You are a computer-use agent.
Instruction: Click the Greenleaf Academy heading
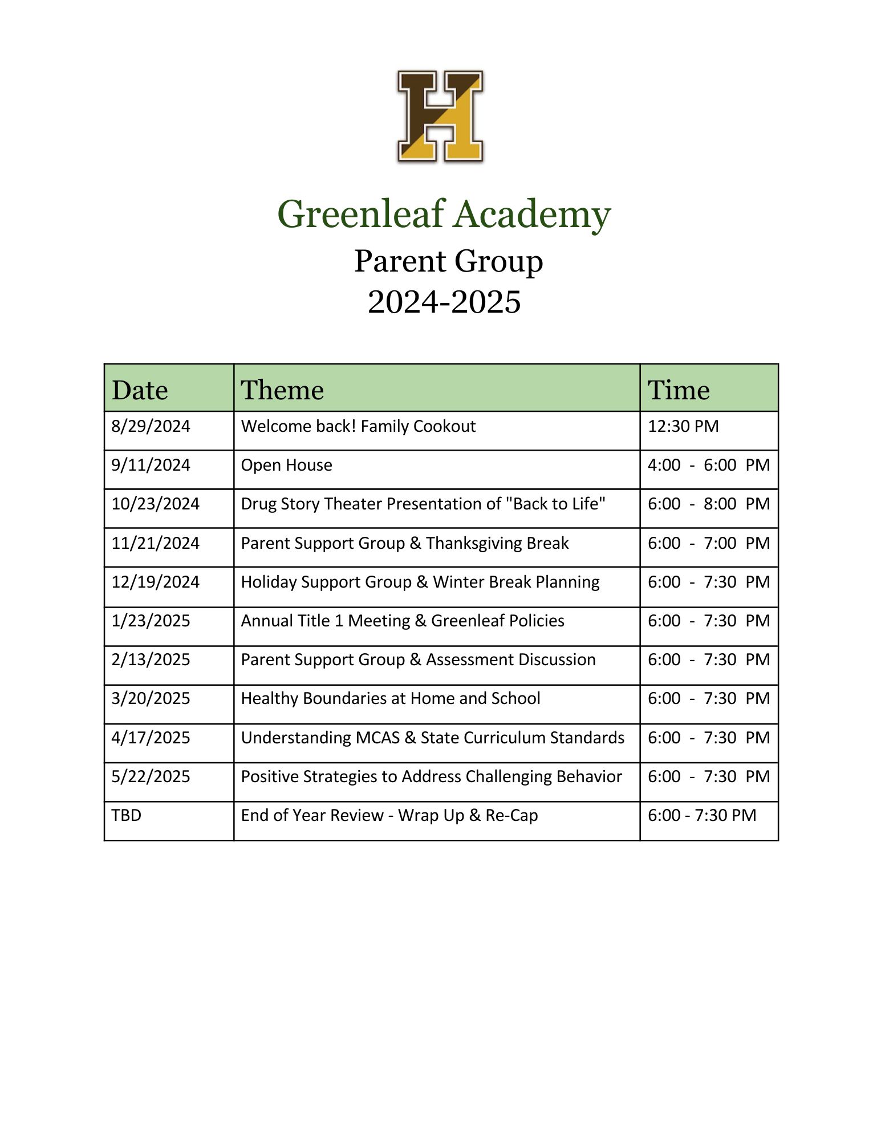click(444, 215)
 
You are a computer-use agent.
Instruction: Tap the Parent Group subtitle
click(448, 261)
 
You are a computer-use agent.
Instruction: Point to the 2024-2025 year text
click(444, 302)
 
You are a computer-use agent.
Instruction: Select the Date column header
click(140, 390)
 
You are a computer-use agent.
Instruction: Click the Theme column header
click(282, 390)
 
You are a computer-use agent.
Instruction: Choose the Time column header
click(679, 390)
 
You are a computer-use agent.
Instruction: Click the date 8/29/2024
click(151, 427)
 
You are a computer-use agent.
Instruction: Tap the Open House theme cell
click(286, 466)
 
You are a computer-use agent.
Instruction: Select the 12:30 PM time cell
click(683, 427)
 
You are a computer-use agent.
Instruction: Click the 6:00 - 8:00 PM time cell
click(708, 504)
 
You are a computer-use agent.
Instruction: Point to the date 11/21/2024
click(155, 543)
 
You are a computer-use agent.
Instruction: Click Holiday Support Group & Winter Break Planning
click(420, 582)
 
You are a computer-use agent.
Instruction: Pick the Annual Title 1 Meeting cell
click(403, 621)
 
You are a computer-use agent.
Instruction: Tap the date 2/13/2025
click(151, 659)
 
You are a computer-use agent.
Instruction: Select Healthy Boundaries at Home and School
click(391, 698)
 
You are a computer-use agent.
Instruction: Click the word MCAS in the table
click(377, 738)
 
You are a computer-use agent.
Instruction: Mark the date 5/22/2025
click(151, 776)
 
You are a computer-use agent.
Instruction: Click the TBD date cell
click(126, 815)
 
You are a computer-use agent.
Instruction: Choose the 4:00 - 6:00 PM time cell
click(708, 466)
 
